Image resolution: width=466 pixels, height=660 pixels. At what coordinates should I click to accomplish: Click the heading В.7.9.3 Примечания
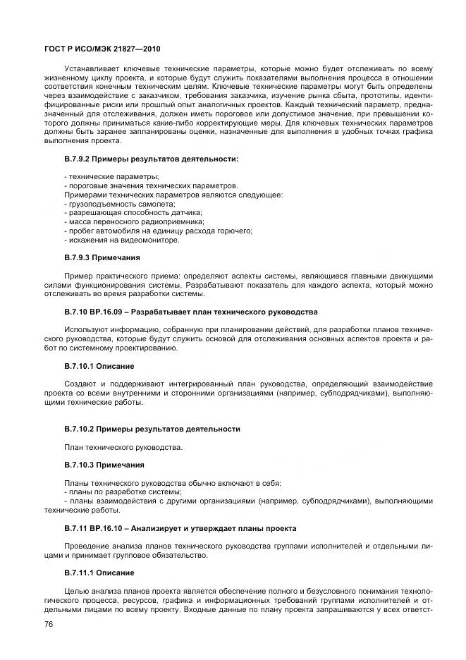[x=102, y=257]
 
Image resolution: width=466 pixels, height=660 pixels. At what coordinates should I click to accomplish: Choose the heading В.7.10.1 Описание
[x=99, y=366]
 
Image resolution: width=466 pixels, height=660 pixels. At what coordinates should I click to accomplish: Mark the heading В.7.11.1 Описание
[x=99, y=572]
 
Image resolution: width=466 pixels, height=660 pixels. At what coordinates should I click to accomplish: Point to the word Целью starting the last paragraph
[x=78, y=590]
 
